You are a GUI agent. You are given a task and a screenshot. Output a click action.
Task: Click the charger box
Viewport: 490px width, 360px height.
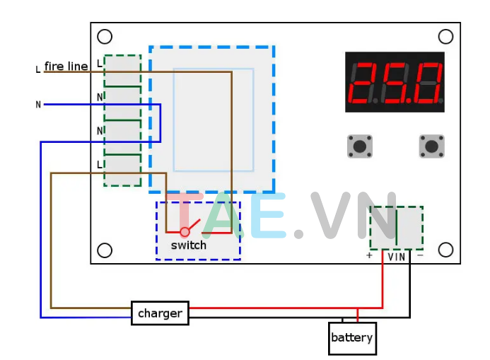[160, 313]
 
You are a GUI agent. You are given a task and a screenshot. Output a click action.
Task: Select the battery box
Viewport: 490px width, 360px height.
[351, 338]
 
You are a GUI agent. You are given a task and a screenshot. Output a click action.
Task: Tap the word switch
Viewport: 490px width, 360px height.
[189, 245]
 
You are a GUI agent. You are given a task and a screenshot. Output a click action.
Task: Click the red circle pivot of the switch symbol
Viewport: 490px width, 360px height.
[185, 231]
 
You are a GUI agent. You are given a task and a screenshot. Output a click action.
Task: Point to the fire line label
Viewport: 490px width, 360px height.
[66, 66]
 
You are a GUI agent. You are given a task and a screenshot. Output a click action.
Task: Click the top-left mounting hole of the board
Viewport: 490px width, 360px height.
[105, 37]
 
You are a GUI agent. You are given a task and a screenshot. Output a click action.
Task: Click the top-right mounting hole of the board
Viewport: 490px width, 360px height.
[445, 37]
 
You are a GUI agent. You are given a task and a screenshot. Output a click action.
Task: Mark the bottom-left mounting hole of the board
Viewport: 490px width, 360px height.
[105, 250]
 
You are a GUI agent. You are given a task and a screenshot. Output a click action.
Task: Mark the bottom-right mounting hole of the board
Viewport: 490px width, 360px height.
[445, 250]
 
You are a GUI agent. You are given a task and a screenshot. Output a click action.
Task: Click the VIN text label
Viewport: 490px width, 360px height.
[396, 257]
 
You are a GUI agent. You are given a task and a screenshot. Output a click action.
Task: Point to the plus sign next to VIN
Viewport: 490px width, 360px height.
[369, 256]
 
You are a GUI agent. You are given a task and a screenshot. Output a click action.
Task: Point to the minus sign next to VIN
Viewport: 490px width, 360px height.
[420, 256]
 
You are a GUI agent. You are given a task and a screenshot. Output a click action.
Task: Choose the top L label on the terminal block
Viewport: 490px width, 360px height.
[100, 64]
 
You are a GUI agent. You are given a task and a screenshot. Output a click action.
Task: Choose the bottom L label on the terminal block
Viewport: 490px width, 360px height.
[100, 164]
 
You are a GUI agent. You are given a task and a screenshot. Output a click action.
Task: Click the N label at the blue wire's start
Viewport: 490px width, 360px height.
[38, 105]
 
